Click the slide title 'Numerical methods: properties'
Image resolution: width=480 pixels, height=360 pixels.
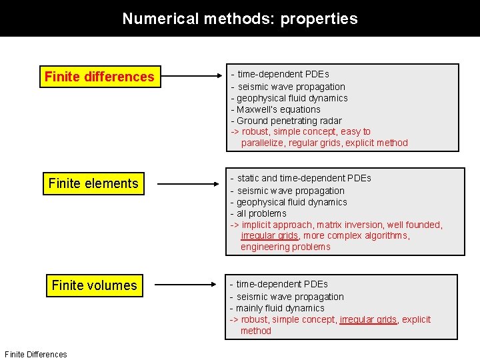click(240, 19)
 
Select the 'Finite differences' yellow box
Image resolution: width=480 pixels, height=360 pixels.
click(99, 77)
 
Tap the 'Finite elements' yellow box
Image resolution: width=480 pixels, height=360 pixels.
click(93, 183)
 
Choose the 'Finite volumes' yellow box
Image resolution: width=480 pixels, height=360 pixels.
click(94, 285)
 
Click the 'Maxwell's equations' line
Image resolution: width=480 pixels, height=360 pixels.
click(275, 109)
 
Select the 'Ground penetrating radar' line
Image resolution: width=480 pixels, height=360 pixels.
click(286, 121)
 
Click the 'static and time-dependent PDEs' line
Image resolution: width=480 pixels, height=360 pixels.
click(301, 178)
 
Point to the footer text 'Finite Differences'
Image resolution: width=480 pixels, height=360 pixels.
click(35, 355)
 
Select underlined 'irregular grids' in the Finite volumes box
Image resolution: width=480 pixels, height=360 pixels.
click(368, 319)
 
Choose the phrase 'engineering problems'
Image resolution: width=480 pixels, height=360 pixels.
click(285, 247)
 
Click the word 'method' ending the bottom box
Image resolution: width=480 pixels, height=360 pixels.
click(256, 331)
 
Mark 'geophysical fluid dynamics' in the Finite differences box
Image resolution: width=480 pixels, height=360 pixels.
click(289, 98)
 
